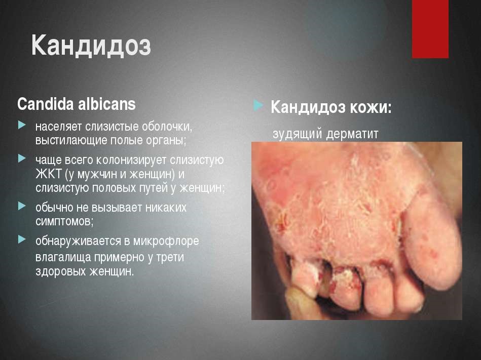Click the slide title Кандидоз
point(91,46)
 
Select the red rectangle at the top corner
point(430,29)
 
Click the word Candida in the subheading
point(46,104)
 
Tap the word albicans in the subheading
point(107,104)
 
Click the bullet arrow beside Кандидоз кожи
point(258,105)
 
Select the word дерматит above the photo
point(352,134)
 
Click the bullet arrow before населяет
point(22,125)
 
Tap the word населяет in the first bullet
point(59,127)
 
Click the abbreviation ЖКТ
point(49,174)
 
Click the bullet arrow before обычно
point(22,206)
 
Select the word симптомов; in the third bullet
point(64,221)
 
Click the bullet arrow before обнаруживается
point(22,239)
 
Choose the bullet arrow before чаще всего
point(22,158)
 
